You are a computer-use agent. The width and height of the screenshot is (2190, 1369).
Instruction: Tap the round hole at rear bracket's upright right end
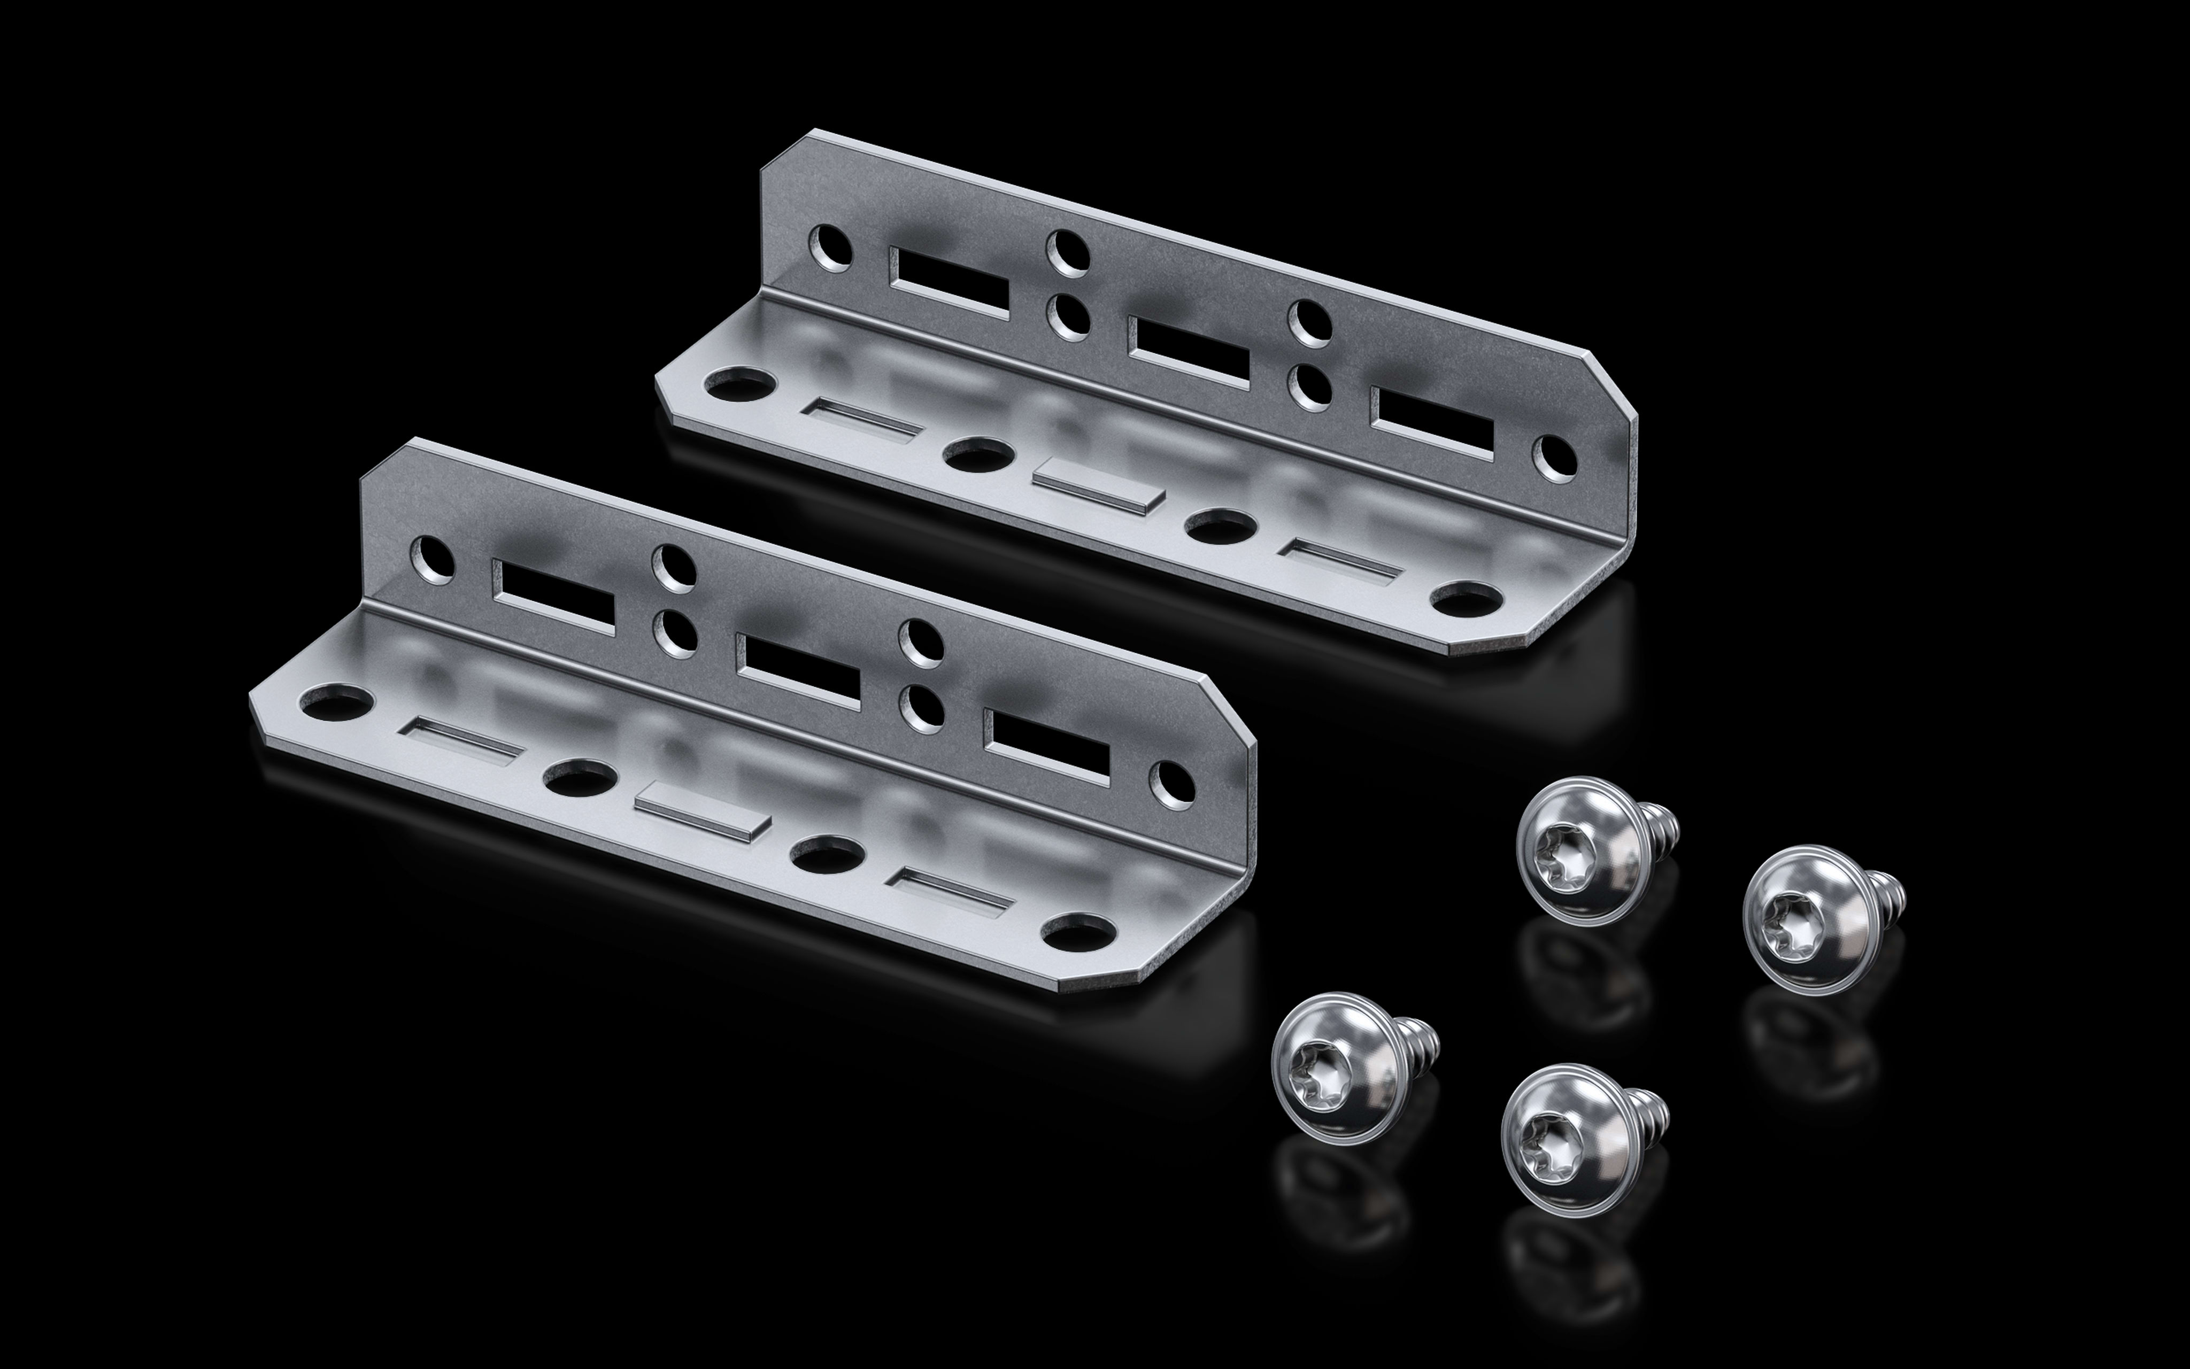click(1554, 460)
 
